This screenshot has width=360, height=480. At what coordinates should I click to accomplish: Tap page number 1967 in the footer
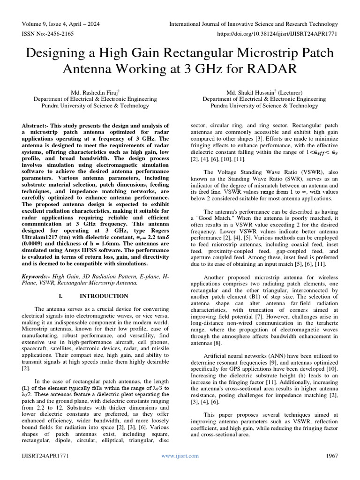[332, 456]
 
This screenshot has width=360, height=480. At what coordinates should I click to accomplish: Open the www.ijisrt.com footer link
[180, 456]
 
